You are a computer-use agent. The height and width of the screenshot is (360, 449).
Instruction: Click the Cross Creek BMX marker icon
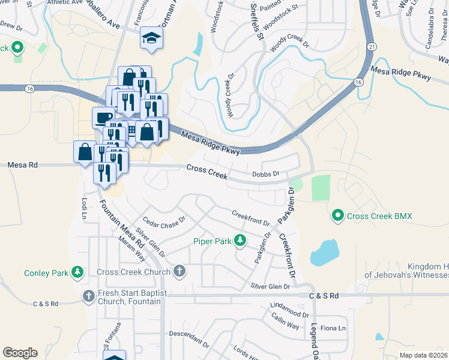click(x=337, y=215)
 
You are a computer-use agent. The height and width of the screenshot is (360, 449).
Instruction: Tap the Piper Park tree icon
click(x=240, y=241)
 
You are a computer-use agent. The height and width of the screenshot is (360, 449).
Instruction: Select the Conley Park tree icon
click(x=77, y=273)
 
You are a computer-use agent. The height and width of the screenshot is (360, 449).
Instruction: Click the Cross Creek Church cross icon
click(x=178, y=272)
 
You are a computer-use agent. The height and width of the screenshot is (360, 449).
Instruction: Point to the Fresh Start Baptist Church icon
click(x=89, y=296)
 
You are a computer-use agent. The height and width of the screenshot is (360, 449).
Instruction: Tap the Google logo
click(x=20, y=352)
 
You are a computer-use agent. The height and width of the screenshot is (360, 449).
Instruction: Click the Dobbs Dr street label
click(x=266, y=174)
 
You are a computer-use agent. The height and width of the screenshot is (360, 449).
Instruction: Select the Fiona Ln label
click(x=334, y=328)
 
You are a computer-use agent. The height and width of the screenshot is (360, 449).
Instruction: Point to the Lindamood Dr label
click(x=289, y=314)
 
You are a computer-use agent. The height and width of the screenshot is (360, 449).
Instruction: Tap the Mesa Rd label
click(x=22, y=164)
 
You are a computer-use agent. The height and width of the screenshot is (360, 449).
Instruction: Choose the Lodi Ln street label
click(x=83, y=208)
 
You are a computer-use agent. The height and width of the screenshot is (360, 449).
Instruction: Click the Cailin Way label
click(x=285, y=325)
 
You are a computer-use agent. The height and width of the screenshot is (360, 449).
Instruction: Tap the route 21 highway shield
click(x=372, y=46)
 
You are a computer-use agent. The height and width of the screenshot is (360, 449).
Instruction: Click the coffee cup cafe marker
click(x=102, y=116)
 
